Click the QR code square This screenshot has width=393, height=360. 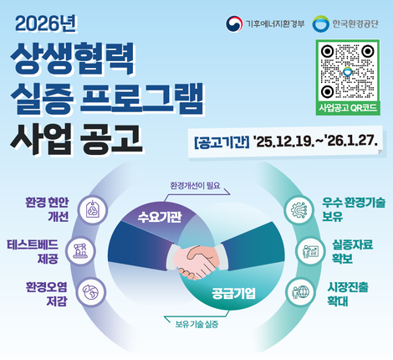347,71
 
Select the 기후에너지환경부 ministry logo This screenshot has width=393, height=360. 262,24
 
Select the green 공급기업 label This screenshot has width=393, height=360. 232,293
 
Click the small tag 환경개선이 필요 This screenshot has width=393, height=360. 199,185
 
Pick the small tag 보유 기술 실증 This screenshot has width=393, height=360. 197,323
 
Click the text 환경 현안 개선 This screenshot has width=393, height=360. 48,208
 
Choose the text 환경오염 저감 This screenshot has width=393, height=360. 46,294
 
